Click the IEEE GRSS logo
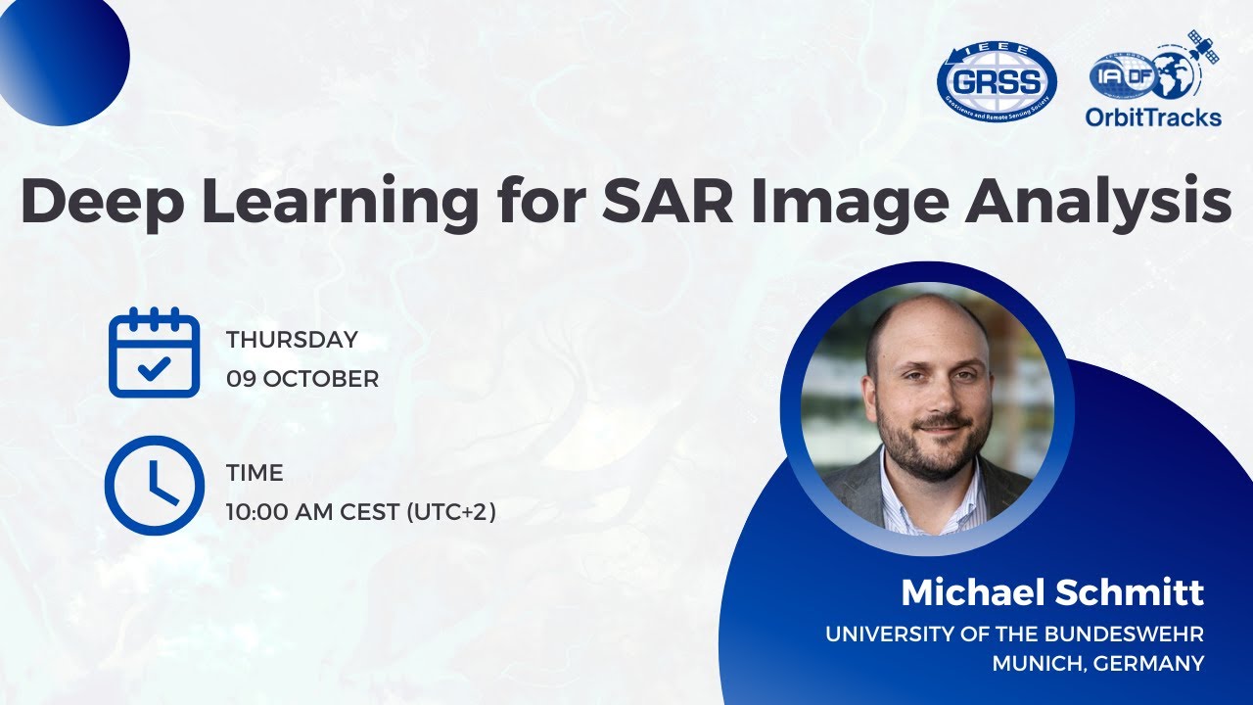coord(997,81)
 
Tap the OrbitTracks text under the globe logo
coord(1153,117)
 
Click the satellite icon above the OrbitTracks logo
coord(1203,45)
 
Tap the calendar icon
coord(154,352)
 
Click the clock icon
coord(154,485)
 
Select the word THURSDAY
coord(292,340)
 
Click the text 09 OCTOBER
coord(302,379)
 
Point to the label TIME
coord(255,473)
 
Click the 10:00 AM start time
coord(280,511)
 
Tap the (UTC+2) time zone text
coord(451,511)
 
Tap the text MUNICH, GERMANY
coord(1098,663)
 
